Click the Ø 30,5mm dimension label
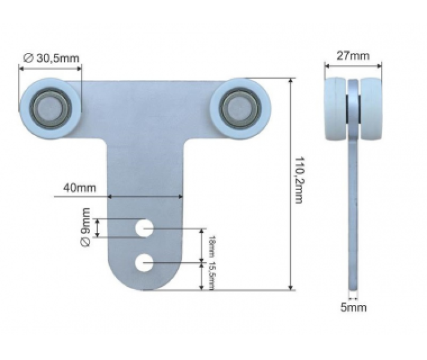pyautogui.click(x=50, y=58)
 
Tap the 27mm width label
pyautogui.click(x=351, y=56)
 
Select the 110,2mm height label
pyautogui.click(x=298, y=180)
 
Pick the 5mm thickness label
pyautogui.click(x=353, y=308)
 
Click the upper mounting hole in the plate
pyautogui.click(x=143, y=228)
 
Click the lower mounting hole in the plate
pyautogui.click(x=143, y=262)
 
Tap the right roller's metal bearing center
pyautogui.click(x=239, y=108)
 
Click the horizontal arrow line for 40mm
pyautogui.click(x=145, y=196)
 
